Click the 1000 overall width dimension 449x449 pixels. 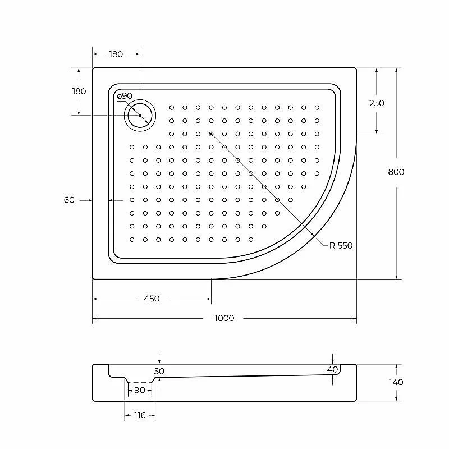click(224, 318)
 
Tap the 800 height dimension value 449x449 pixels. click(396, 172)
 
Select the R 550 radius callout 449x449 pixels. click(341, 245)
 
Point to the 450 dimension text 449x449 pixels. click(152, 299)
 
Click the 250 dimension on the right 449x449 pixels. click(377, 103)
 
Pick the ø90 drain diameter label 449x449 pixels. click(125, 96)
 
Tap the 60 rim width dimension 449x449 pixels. click(69, 200)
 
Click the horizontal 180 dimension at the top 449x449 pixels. click(116, 54)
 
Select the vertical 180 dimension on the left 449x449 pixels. click(79, 91)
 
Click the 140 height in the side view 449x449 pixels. click(396, 382)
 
